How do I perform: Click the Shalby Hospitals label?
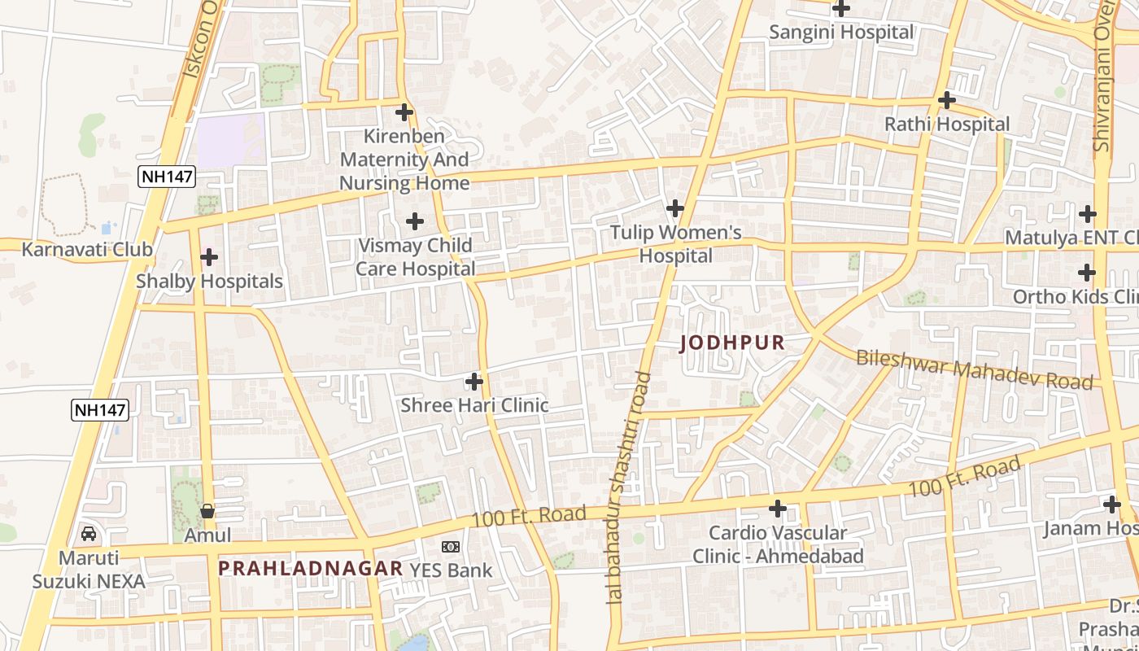point(209,282)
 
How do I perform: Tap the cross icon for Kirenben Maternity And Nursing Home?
point(404,112)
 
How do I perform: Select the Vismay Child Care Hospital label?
point(415,256)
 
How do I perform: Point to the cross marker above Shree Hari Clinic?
point(474,381)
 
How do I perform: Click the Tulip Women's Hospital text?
point(675,244)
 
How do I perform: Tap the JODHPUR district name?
point(732,343)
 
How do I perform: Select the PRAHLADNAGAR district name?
point(310,568)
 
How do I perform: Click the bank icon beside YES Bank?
point(450,546)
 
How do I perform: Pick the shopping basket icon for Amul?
point(207,511)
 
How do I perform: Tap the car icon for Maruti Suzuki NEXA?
point(89,534)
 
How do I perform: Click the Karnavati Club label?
point(87,249)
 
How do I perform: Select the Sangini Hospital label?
point(841,33)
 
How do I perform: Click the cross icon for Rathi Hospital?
point(946,100)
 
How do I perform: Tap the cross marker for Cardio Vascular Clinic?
point(778,509)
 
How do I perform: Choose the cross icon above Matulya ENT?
point(1088,214)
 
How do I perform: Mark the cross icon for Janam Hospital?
point(1112,505)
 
